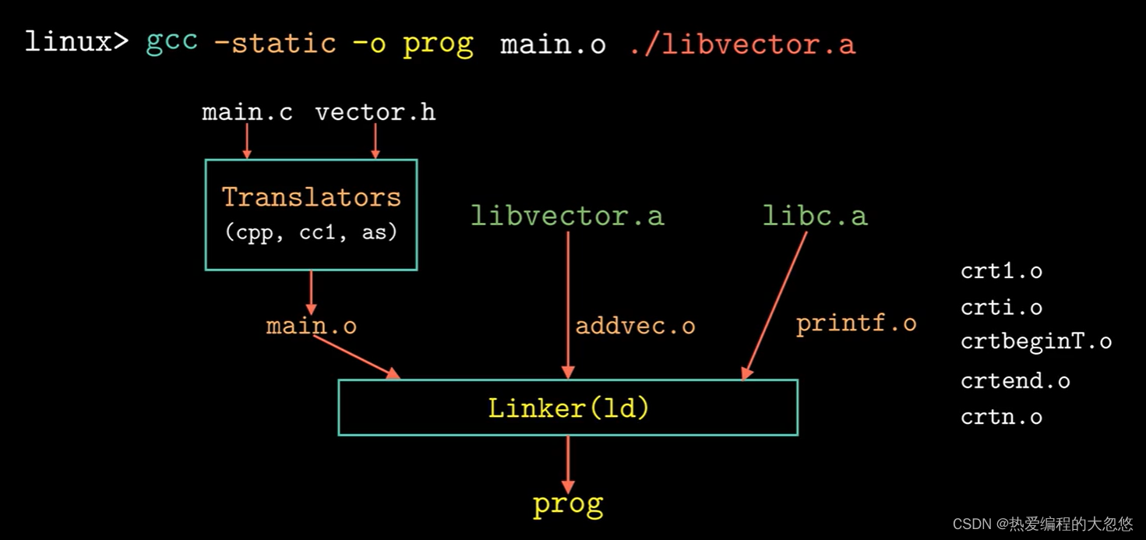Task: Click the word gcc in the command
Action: click(171, 42)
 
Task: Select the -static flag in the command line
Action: click(275, 42)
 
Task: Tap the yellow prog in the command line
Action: click(438, 44)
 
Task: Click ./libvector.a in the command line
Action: click(742, 44)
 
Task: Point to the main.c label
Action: click(247, 112)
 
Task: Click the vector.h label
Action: click(375, 112)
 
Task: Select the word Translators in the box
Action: click(311, 197)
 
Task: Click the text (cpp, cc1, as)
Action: click(311, 232)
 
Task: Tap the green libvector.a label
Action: click(567, 216)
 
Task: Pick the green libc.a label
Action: click(814, 216)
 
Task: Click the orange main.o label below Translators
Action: click(311, 325)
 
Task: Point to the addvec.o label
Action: click(635, 326)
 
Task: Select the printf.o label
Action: click(856, 323)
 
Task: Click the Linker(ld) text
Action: click(568, 408)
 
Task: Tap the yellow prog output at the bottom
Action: click(568, 505)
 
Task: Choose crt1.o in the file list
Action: click(1001, 271)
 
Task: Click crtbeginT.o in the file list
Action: click(1036, 341)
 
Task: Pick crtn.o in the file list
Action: click(1001, 417)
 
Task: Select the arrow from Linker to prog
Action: click(568, 463)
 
